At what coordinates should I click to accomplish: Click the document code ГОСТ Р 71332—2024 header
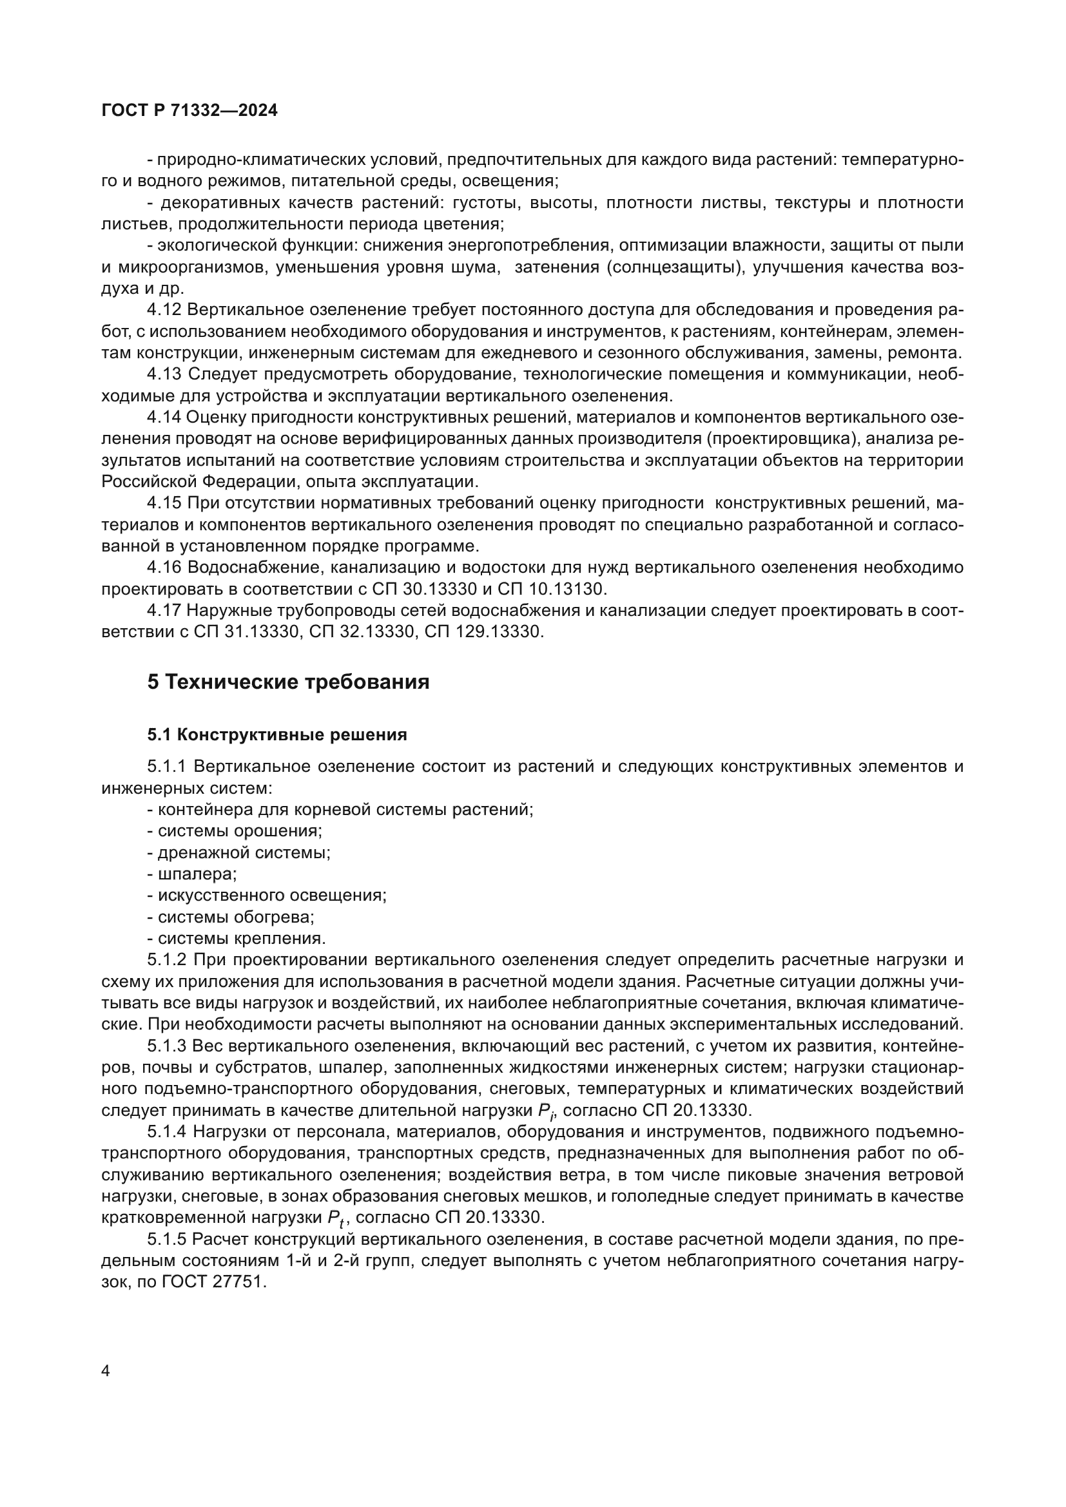[189, 111]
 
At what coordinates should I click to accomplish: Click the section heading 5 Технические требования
[288, 682]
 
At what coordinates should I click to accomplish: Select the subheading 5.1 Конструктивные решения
[277, 734]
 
